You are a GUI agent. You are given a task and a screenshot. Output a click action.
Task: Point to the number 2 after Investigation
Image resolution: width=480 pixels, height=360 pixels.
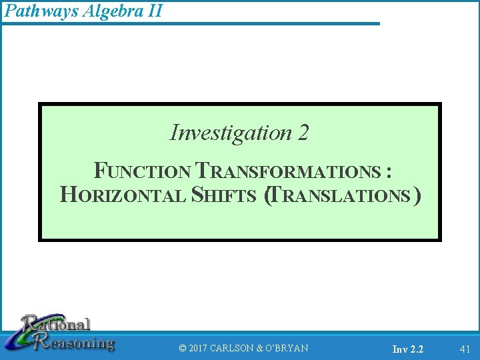[x=303, y=133]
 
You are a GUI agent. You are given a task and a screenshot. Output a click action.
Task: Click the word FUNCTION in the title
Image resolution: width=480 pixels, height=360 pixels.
[x=142, y=171]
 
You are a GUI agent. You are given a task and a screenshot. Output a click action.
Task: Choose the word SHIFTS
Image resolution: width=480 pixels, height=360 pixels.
[x=224, y=195]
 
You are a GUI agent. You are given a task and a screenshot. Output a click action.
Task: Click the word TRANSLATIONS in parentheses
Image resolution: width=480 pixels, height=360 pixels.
[x=342, y=195]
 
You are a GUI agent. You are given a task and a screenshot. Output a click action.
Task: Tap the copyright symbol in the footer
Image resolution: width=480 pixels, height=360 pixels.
[x=183, y=348]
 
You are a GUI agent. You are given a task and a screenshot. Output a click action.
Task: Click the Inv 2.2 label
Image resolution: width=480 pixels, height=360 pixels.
[x=407, y=349]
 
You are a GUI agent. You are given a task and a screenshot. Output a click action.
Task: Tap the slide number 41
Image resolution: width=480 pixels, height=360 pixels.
[x=465, y=348]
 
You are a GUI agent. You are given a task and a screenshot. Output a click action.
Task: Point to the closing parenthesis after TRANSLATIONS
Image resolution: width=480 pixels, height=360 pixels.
[x=417, y=195]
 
